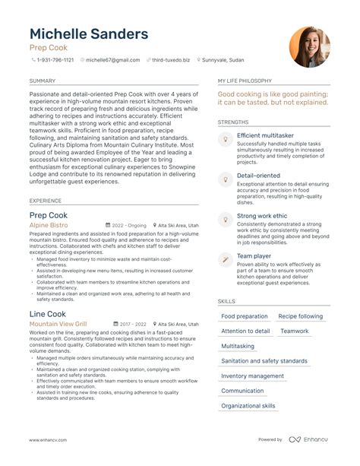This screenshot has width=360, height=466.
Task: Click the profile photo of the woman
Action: pyautogui.click(x=309, y=47)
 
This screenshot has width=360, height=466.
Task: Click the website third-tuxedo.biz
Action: pyautogui.click(x=172, y=59)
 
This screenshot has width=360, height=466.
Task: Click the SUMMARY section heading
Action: pyautogui.click(x=42, y=80)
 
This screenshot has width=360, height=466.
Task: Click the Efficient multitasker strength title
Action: pyautogui.click(x=266, y=135)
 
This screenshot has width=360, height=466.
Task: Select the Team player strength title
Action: pyautogui.click(x=254, y=257)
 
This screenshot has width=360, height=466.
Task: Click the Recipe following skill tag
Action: pyautogui.click(x=300, y=316)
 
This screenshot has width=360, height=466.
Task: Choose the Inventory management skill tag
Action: pyautogui.click(x=252, y=376)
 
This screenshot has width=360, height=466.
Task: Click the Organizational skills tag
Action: pyautogui.click(x=248, y=406)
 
